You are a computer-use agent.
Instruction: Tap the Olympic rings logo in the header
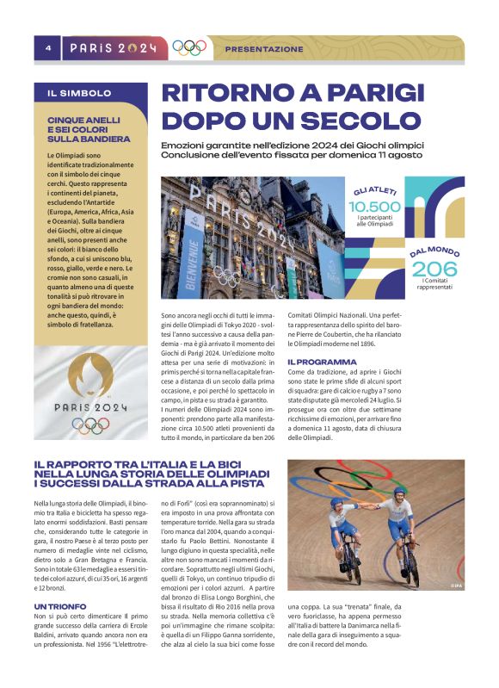click(189, 48)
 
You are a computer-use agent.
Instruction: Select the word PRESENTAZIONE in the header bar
click(264, 49)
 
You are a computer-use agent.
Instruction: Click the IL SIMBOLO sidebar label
click(79, 93)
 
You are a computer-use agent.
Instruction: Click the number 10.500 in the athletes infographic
click(375, 207)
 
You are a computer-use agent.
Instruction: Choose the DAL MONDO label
click(434, 252)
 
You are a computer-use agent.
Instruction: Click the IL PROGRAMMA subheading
click(322, 362)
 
